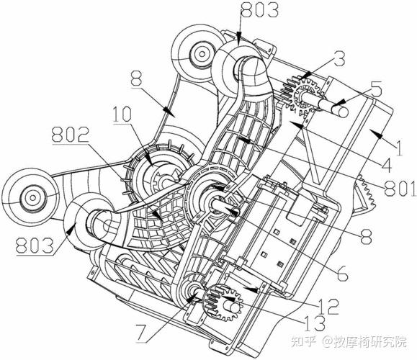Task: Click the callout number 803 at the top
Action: pos(259,10)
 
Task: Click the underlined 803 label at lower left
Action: pos(35,245)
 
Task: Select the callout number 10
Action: pos(122,114)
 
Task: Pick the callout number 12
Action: pos(330,306)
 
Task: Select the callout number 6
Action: pos(342,274)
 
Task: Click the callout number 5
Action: pos(376,89)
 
